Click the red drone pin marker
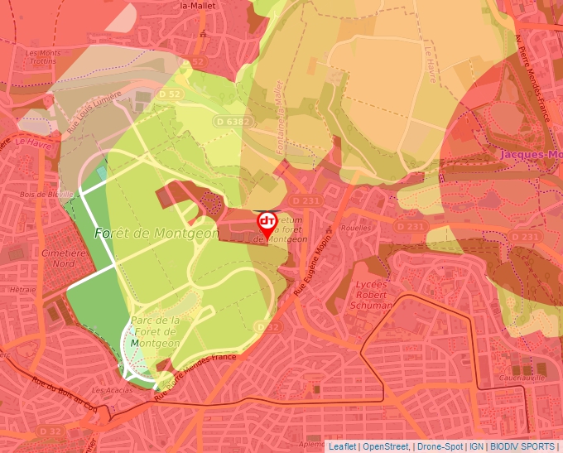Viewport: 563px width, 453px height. (267, 223)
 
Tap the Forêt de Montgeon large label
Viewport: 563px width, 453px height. (156, 234)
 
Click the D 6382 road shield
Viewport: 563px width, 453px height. (231, 122)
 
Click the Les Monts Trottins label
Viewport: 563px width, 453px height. (43, 57)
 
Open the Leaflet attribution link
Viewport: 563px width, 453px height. (341, 446)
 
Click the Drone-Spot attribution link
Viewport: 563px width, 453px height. (440, 446)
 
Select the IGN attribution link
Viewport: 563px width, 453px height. (476, 446)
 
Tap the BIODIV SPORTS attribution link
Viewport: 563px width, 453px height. (522, 446)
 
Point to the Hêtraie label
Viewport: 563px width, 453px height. (24, 291)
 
